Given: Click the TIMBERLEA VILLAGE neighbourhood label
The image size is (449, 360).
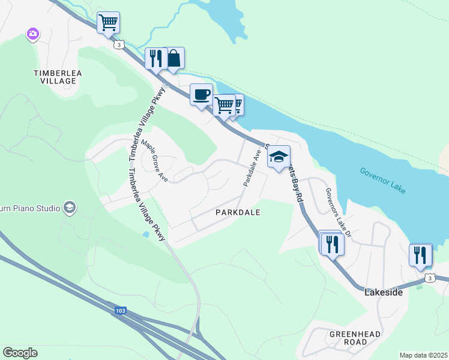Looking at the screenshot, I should click(58, 77).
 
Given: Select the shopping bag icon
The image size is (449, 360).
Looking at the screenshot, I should click(173, 58).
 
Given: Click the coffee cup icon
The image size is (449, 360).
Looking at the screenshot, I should click(201, 94).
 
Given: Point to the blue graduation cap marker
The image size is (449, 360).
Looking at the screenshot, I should click(279, 157).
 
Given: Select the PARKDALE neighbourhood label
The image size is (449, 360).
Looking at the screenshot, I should click(238, 212).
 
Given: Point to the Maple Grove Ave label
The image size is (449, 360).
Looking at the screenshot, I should click(154, 161).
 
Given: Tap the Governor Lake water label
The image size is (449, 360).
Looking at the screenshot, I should click(383, 180).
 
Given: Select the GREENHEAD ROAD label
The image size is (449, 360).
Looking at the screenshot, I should click(348, 338).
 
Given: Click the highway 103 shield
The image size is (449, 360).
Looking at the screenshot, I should click(121, 311).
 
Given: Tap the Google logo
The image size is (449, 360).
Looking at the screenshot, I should click(20, 353).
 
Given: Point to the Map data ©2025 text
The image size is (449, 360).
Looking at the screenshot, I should click(423, 355).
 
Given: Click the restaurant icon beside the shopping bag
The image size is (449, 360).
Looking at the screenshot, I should click(155, 59).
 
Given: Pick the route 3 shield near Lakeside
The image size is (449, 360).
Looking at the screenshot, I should click(429, 278).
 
